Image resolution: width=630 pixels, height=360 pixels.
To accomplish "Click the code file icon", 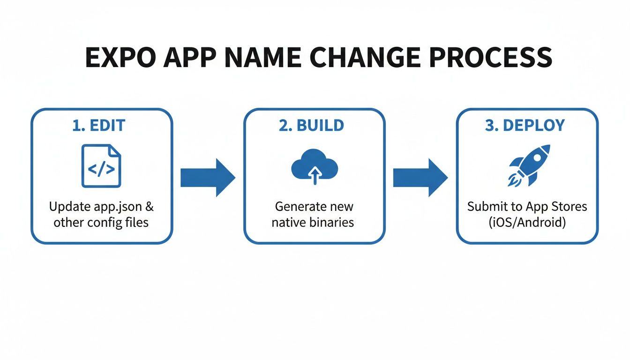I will (x=101, y=166).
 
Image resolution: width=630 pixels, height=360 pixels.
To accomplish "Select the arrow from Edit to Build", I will (x=208, y=177).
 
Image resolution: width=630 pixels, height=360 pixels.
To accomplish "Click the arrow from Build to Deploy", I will (x=420, y=177).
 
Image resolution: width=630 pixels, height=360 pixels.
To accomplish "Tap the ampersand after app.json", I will (x=150, y=206).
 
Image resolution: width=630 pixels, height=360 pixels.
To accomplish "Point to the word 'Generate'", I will (x=299, y=206).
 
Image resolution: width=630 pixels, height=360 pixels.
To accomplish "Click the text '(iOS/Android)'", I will (x=527, y=222).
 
